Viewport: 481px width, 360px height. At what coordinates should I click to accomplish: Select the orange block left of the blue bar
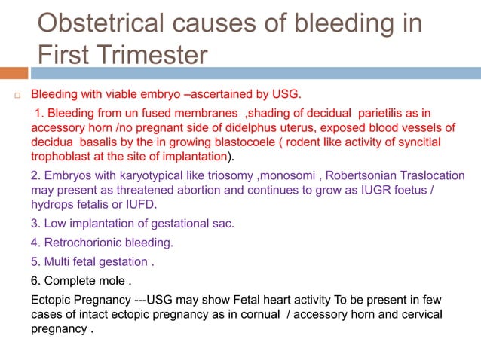point(14,73)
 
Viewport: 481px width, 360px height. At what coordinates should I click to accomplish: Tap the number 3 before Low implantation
point(34,223)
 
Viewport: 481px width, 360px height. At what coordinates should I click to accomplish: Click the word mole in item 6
point(110,282)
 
